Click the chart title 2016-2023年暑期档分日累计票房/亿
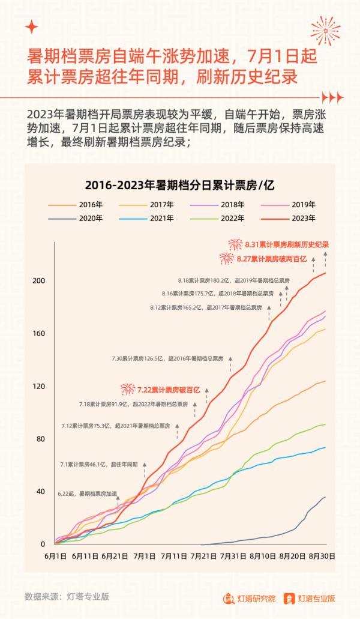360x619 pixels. [179, 184]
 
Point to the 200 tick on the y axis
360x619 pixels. [39, 281]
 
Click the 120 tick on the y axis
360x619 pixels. [39, 386]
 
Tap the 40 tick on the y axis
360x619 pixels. [39, 492]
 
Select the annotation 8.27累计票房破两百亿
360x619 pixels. [270, 259]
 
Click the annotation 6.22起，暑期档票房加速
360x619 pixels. [87, 494]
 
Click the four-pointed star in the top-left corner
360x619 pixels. [32, 27]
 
